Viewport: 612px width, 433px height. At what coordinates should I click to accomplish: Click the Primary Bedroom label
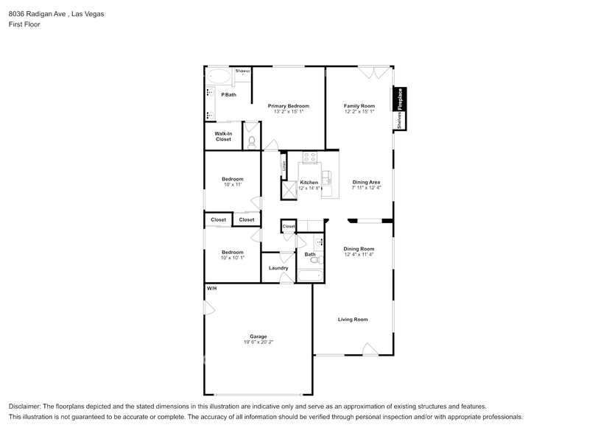pyautogui.click(x=288, y=106)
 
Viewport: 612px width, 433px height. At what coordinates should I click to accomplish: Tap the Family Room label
pyautogui.click(x=359, y=106)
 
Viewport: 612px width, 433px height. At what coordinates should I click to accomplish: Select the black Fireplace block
pyautogui.click(x=401, y=99)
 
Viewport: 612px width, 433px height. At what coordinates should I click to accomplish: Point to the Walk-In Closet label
pyautogui.click(x=223, y=136)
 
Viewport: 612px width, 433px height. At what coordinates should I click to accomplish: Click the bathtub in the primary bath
pyautogui.click(x=218, y=76)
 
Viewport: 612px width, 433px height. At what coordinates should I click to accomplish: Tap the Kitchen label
pyautogui.click(x=309, y=182)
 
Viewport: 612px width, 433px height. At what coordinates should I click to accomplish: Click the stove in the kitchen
pyautogui.click(x=310, y=157)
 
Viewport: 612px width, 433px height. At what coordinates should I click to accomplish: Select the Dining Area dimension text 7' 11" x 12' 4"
pyautogui.click(x=366, y=188)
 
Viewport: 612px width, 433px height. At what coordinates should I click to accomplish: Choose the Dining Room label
pyautogui.click(x=359, y=249)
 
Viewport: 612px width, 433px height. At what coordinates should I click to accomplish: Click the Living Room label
pyautogui.click(x=353, y=320)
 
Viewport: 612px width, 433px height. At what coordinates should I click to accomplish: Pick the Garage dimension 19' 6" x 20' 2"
pyautogui.click(x=257, y=342)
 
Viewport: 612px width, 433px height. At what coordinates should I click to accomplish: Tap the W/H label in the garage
pyautogui.click(x=211, y=288)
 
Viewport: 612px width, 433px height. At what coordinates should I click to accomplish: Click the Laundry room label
pyautogui.click(x=278, y=268)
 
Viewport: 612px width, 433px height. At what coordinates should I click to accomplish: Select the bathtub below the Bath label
pyautogui.click(x=310, y=277)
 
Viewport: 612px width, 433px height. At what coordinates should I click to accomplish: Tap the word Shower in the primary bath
pyautogui.click(x=242, y=71)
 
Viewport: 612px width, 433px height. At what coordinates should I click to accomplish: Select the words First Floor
pyautogui.click(x=24, y=24)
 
